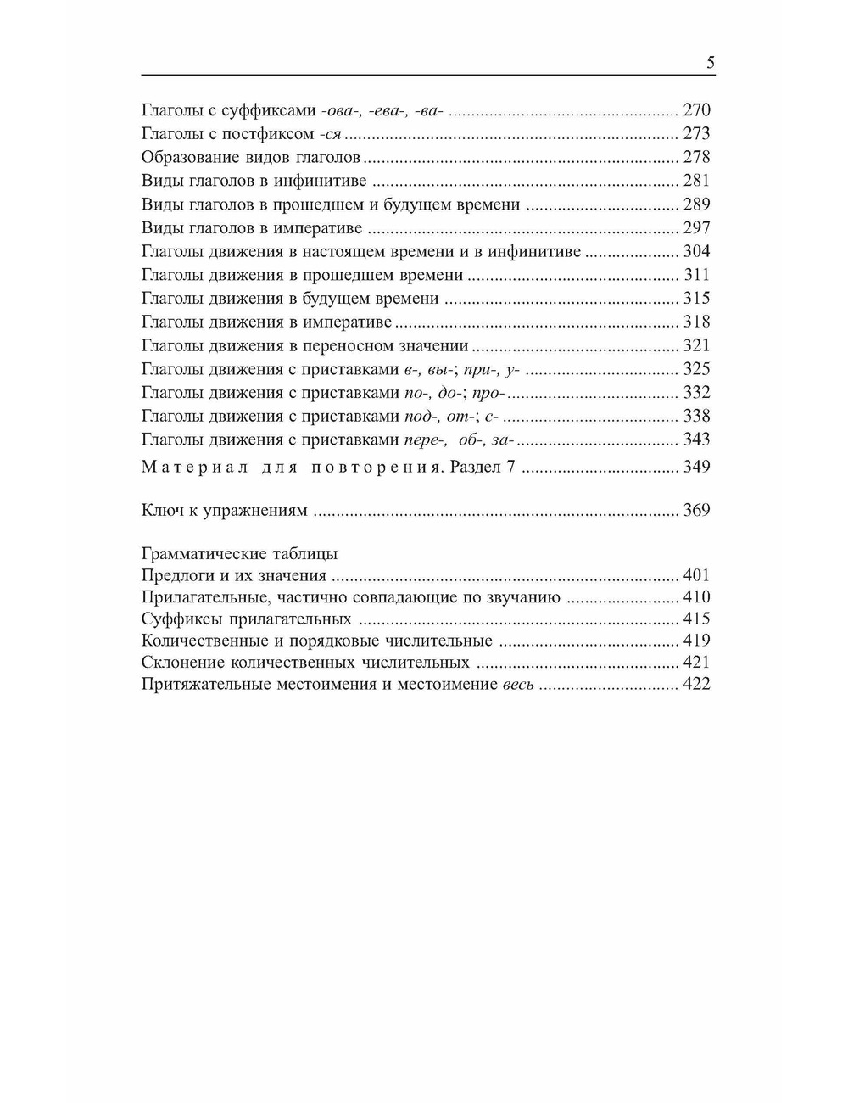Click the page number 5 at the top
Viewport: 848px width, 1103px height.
pyautogui.click(x=710, y=63)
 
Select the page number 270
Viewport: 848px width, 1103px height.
pyautogui.click(x=696, y=109)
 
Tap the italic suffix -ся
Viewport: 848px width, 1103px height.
pyautogui.click(x=333, y=133)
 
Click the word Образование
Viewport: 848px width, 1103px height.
pyautogui.click(x=188, y=157)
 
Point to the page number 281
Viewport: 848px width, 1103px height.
pyautogui.click(x=696, y=180)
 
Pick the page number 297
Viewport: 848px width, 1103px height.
pyautogui.click(x=696, y=227)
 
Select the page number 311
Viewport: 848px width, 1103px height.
pyautogui.click(x=696, y=275)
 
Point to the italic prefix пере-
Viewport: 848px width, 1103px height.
pyautogui.click(x=425, y=440)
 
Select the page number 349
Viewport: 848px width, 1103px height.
pyautogui.click(x=696, y=467)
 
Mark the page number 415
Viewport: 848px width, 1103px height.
pyautogui.click(x=696, y=619)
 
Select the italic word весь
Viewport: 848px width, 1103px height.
pyautogui.click(x=517, y=685)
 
